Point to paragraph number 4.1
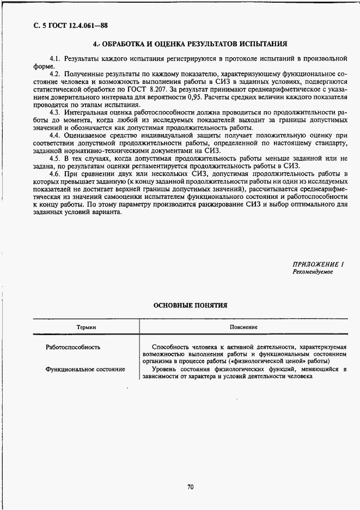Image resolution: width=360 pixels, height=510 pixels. click(54, 58)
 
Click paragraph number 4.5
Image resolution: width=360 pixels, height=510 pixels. click(54, 159)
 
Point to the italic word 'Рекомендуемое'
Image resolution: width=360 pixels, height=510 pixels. click(312, 271)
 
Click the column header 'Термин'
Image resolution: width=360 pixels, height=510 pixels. click(86, 327)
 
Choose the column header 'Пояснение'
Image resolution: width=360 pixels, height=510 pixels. click(244, 327)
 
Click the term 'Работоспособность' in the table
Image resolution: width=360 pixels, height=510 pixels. click(72, 347)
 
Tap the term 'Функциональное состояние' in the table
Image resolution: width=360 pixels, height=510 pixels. click(86, 369)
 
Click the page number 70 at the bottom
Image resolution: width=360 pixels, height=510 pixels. click(190, 487)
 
